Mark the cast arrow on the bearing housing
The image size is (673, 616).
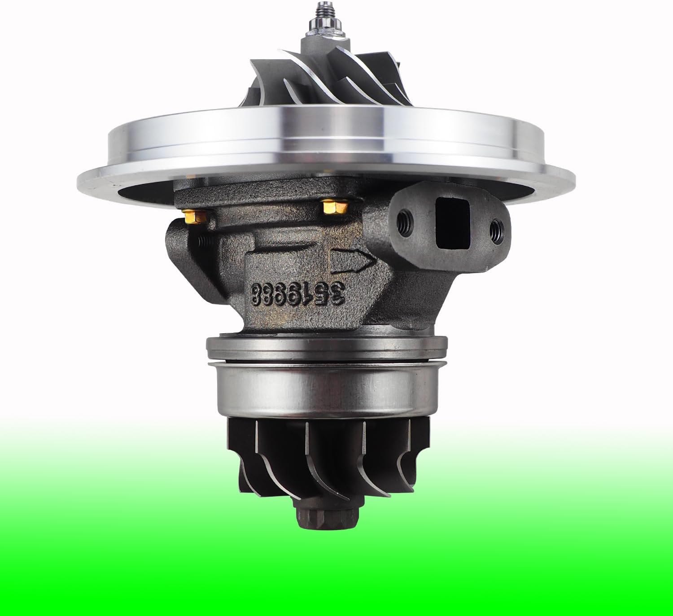[353, 260]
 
